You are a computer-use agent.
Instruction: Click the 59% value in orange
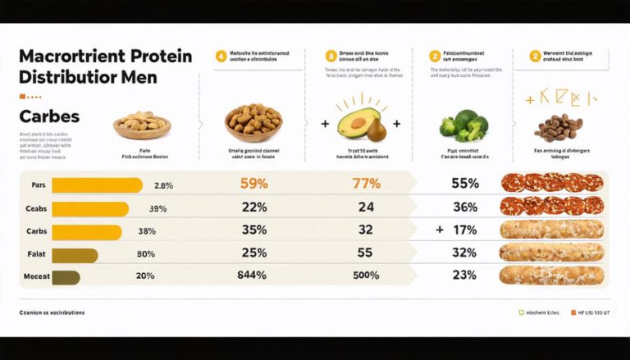pos(254,184)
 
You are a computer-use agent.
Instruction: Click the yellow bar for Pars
pos(96,185)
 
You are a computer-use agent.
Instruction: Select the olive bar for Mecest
pos(66,276)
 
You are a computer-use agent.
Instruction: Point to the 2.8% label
pos(163,185)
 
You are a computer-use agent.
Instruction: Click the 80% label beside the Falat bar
pos(145,254)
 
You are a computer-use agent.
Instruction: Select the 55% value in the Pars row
pos(464,184)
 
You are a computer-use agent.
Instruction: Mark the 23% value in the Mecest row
pos(464,276)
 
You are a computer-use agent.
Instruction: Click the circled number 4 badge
pos(221,57)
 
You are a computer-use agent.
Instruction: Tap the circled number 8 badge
pos(331,57)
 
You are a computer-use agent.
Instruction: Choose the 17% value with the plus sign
pos(464,230)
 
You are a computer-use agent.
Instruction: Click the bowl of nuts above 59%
pos(254,122)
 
